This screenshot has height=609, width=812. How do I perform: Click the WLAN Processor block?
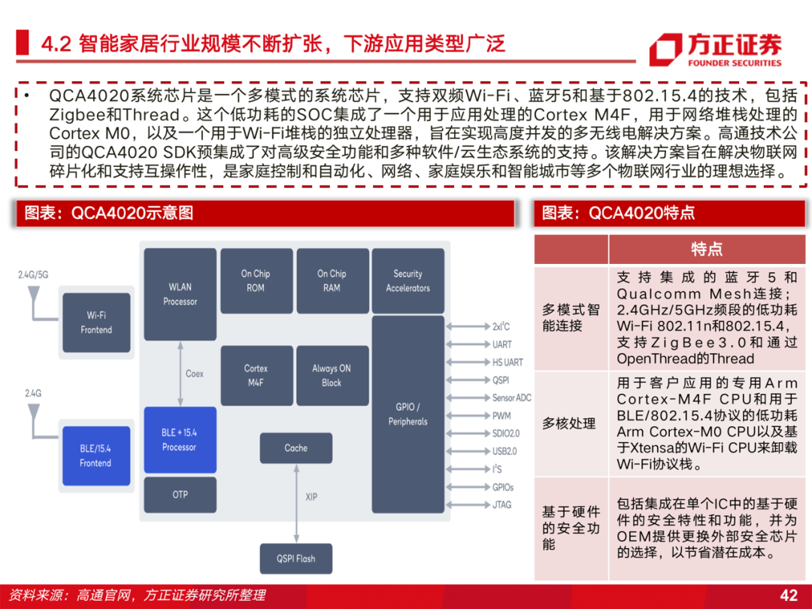[x=180, y=294]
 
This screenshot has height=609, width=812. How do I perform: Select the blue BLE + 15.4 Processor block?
[x=179, y=440]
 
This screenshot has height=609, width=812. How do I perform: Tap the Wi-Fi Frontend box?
[x=95, y=323]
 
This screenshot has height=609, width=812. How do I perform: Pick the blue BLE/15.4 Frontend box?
[x=95, y=456]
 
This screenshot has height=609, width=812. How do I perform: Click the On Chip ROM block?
[x=256, y=280]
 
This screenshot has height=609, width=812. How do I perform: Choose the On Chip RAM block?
[x=332, y=280]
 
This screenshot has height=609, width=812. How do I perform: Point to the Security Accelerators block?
[x=408, y=280]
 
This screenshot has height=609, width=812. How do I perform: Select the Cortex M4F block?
[x=256, y=375]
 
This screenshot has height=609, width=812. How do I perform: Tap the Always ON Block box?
[x=332, y=375]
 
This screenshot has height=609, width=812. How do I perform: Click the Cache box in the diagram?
[x=295, y=448]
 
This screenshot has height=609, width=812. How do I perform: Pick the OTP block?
[x=180, y=495]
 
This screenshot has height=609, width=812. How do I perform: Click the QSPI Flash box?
[x=295, y=559]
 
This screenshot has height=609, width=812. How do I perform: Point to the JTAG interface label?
[x=501, y=504]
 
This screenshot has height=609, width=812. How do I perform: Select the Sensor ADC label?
[x=511, y=398]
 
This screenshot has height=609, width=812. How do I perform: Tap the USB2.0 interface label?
[x=504, y=451]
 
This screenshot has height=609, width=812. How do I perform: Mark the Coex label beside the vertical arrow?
[x=194, y=374]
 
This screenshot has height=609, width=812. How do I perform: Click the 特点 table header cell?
[x=706, y=249]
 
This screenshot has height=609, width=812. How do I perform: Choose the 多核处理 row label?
[x=569, y=423]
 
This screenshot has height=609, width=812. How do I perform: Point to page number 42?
[x=789, y=595]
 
